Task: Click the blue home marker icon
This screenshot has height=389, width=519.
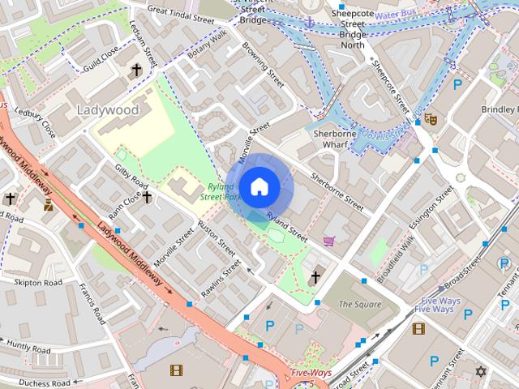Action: click(x=259, y=186)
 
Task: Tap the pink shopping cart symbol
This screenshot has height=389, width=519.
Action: click(x=328, y=241)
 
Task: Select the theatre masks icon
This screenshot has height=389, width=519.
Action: click(x=431, y=119)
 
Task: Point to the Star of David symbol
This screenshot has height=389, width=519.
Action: click(x=480, y=372)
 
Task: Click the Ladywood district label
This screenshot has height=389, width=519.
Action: click(x=107, y=109)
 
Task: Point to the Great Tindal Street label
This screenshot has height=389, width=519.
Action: click(x=180, y=16)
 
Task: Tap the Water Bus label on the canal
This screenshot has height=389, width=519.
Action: click(x=397, y=13)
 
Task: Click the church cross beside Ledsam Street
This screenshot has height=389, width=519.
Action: click(x=136, y=71)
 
